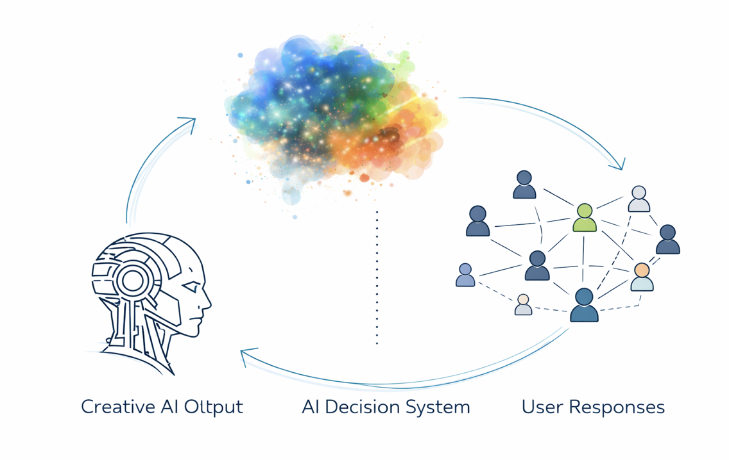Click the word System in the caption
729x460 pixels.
(442, 407)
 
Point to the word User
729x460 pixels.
(540, 407)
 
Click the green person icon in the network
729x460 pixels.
(584, 218)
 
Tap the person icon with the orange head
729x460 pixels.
(642, 277)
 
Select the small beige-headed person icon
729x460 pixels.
(523, 304)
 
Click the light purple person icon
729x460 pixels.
(465, 275)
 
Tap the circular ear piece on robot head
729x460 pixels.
(133, 281)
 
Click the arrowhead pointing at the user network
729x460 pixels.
(619, 166)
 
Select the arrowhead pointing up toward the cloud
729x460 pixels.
(190, 121)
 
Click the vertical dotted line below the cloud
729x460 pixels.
(377, 275)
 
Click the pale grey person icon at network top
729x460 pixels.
(639, 199)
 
